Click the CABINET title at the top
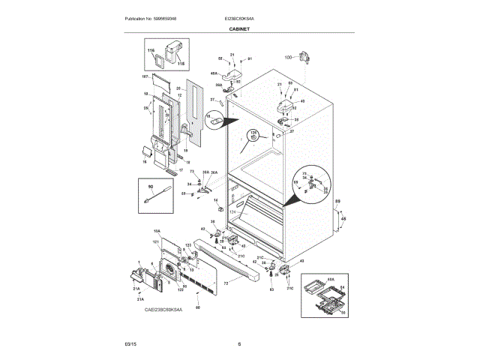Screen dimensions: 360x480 [239, 28]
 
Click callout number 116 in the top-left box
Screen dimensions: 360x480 [150, 50]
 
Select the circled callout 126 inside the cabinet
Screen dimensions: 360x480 [253, 136]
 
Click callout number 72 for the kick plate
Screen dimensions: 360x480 [225, 283]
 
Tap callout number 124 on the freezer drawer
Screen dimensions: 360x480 [232, 213]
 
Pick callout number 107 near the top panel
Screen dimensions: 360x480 [145, 76]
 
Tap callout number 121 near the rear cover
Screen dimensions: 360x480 [157, 242]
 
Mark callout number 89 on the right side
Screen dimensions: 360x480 [337, 202]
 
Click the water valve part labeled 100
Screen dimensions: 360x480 [304, 57]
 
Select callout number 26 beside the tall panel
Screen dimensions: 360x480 [147, 109]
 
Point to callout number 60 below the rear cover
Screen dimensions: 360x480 [197, 307]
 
